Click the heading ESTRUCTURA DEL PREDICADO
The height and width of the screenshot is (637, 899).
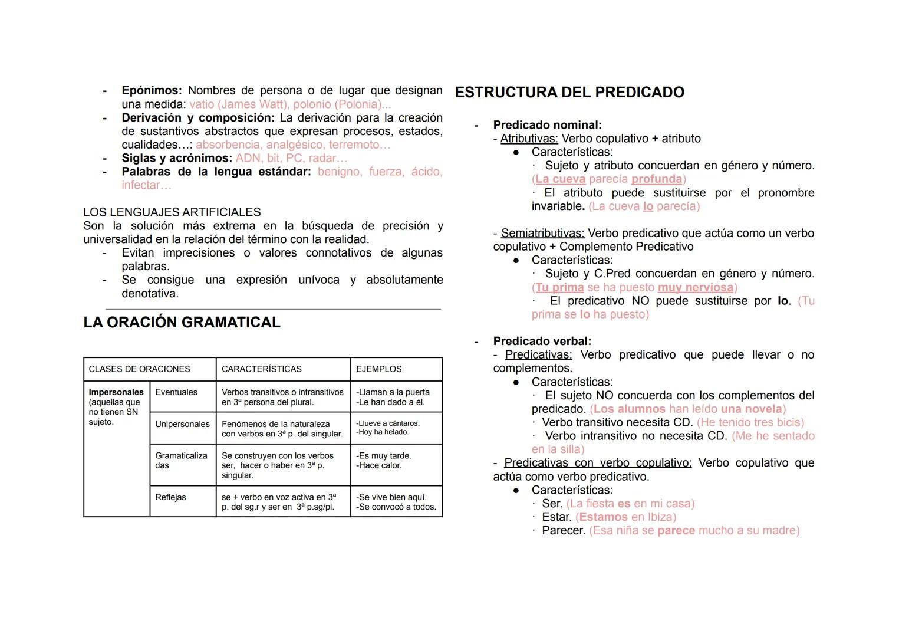[569, 93]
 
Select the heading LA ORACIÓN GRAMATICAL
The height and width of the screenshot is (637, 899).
[182, 323]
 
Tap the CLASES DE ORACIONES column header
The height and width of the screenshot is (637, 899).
[139, 369]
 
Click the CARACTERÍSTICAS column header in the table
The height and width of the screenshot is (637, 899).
[261, 369]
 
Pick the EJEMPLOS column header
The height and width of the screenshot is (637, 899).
[378, 369]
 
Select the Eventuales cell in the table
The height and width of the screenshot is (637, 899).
[176, 392]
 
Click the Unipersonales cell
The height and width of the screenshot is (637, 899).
[182, 424]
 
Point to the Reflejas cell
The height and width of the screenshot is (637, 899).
[170, 497]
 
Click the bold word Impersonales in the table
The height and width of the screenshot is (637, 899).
[116, 392]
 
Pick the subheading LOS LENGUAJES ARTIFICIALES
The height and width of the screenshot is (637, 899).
[172, 212]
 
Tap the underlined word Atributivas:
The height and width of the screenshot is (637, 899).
[529, 139]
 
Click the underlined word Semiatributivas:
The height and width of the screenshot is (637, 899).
[542, 234]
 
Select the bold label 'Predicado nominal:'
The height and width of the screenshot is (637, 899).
[547, 125]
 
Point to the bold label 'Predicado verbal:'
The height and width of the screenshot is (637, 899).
[542, 342]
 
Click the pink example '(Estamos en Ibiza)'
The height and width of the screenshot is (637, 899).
[625, 517]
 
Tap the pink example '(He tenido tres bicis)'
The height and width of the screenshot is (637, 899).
[750, 422]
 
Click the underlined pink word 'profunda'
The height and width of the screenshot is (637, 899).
[656, 179]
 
